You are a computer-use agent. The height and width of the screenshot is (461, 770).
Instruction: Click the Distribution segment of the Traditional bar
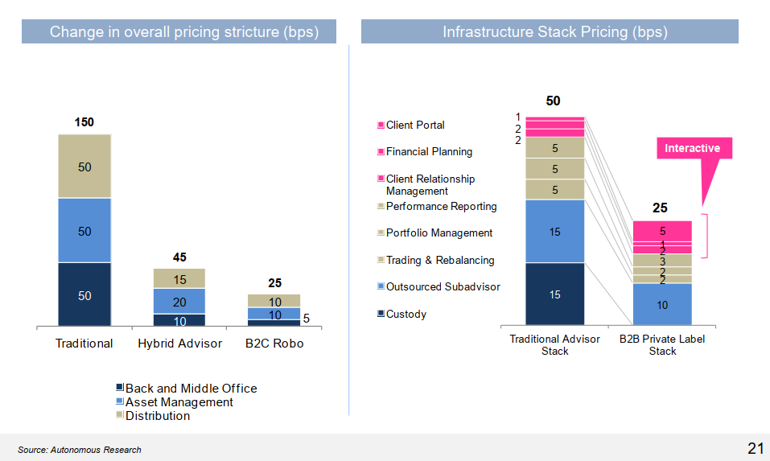coord(84,167)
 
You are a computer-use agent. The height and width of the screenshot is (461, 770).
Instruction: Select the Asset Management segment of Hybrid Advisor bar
coord(179,302)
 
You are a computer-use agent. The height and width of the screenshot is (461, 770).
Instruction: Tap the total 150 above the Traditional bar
coord(84,122)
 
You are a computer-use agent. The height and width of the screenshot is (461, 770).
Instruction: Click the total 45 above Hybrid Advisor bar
coord(179,257)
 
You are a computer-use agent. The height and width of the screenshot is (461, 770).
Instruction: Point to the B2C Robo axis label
coord(274,344)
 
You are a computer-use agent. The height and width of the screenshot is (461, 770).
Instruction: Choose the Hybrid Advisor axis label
coord(179,344)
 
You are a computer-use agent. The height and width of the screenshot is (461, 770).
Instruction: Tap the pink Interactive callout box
coord(692,149)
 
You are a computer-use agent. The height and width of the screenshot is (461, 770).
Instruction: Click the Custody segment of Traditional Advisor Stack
coord(555,294)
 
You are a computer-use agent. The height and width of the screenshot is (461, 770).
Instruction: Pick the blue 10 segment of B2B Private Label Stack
coord(662,305)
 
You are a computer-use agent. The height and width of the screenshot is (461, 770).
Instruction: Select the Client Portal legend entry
coord(414,126)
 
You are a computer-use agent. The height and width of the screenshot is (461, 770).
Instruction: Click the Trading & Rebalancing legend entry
coord(439,261)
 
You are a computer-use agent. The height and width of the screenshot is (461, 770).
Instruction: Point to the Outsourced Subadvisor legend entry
coord(442,287)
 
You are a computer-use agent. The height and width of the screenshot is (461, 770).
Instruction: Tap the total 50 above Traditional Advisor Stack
coord(554,101)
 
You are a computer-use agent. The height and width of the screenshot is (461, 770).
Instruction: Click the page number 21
coord(755,449)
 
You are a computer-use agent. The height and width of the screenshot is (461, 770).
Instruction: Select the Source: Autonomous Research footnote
coord(80,450)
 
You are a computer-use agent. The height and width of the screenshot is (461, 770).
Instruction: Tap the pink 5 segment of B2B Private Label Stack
coord(662,231)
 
